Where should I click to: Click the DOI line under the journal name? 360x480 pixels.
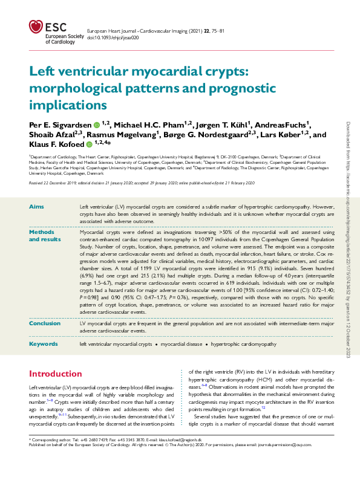pyautogui.click(x=113, y=37)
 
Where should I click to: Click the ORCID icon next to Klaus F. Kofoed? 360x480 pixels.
pyautogui.click(x=89, y=145)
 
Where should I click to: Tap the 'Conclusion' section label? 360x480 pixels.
pyautogui.click(x=45, y=323)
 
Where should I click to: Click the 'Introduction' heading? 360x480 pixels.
pyautogui.click(x=56, y=374)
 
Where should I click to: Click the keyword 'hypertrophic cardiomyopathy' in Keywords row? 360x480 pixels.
pyautogui.click(x=243, y=344)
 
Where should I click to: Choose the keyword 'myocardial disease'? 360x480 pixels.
pyautogui.click(x=182, y=344)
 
